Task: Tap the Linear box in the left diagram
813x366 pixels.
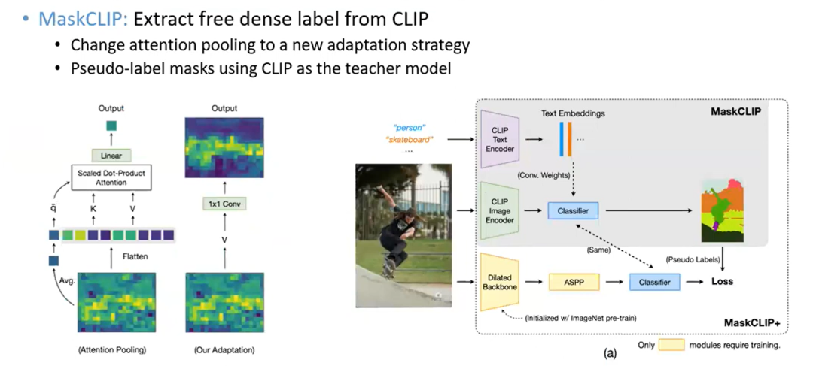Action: [x=111, y=155]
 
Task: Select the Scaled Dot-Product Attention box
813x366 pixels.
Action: [x=111, y=177]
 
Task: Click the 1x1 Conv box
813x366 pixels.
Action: [x=224, y=204]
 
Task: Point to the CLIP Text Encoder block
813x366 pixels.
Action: [x=501, y=139]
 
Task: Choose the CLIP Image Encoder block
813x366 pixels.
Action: [x=501, y=212]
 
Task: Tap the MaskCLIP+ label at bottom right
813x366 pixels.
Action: [x=751, y=322]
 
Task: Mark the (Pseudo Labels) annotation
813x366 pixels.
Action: [x=693, y=259]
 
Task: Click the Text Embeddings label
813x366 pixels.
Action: [x=572, y=113]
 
